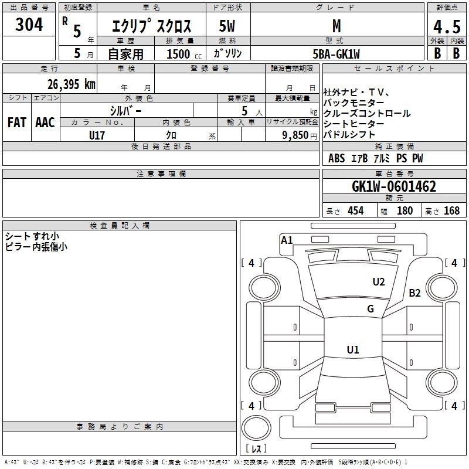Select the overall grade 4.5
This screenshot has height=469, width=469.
tap(446, 26)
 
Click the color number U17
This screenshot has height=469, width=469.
tap(97, 135)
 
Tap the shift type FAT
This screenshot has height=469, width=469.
tap(16, 123)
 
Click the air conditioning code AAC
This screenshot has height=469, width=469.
tap(45, 123)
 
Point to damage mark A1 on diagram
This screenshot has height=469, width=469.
tap(287, 240)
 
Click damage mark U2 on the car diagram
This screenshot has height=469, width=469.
tap(379, 282)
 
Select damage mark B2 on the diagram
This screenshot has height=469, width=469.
tap(415, 293)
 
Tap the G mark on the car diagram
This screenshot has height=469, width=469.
tap(371, 309)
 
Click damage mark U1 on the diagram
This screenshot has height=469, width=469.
tap(352, 350)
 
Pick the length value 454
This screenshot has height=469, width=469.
tap(355, 210)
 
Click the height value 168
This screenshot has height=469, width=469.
tap(451, 210)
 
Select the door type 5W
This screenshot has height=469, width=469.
tap(227, 26)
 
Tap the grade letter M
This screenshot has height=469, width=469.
tap(336, 26)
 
